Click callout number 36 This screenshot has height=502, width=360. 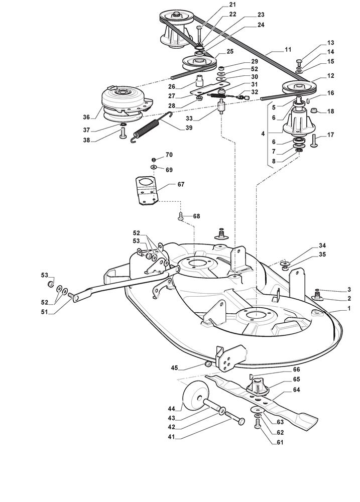(86, 116)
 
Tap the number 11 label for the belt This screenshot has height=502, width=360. (288, 50)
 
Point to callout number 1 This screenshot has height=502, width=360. (348, 308)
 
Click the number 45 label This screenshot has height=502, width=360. (174, 367)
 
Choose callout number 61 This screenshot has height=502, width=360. (280, 442)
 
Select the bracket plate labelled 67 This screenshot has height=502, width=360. (147, 190)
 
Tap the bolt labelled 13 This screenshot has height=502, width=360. (300, 64)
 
